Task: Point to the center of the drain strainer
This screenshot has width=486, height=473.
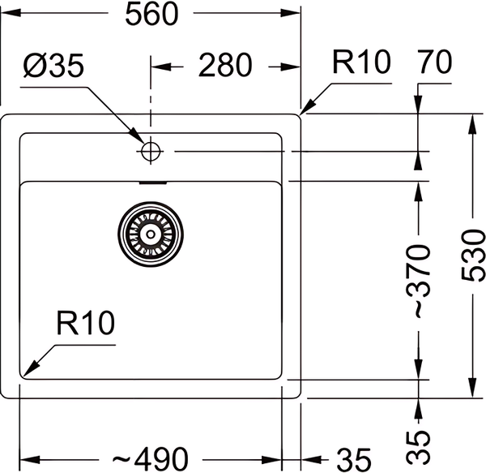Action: (x=150, y=234)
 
